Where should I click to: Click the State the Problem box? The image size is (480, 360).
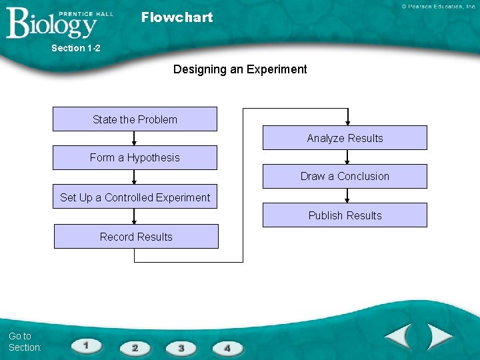click(x=135, y=119)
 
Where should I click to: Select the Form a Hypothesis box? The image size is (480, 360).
click(x=135, y=158)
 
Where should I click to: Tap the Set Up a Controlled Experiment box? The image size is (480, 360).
click(x=135, y=197)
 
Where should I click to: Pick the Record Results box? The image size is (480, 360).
click(x=136, y=237)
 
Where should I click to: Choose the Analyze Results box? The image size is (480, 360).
click(x=345, y=138)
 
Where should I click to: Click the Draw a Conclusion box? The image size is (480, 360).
click(x=345, y=177)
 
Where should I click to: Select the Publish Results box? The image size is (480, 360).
click(x=345, y=215)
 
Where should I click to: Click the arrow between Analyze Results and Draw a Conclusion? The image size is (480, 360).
click(x=347, y=157)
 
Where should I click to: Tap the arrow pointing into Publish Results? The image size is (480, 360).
click(x=347, y=196)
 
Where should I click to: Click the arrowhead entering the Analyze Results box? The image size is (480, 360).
click(x=347, y=121)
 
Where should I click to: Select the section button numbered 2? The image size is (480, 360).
click(x=135, y=348)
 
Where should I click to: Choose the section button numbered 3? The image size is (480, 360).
click(x=181, y=348)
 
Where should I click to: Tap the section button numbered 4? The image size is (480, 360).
click(x=227, y=348)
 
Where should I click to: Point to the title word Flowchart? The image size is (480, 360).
click(x=177, y=17)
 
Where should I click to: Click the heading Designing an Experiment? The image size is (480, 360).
click(x=240, y=69)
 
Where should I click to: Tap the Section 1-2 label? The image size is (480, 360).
click(x=75, y=48)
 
